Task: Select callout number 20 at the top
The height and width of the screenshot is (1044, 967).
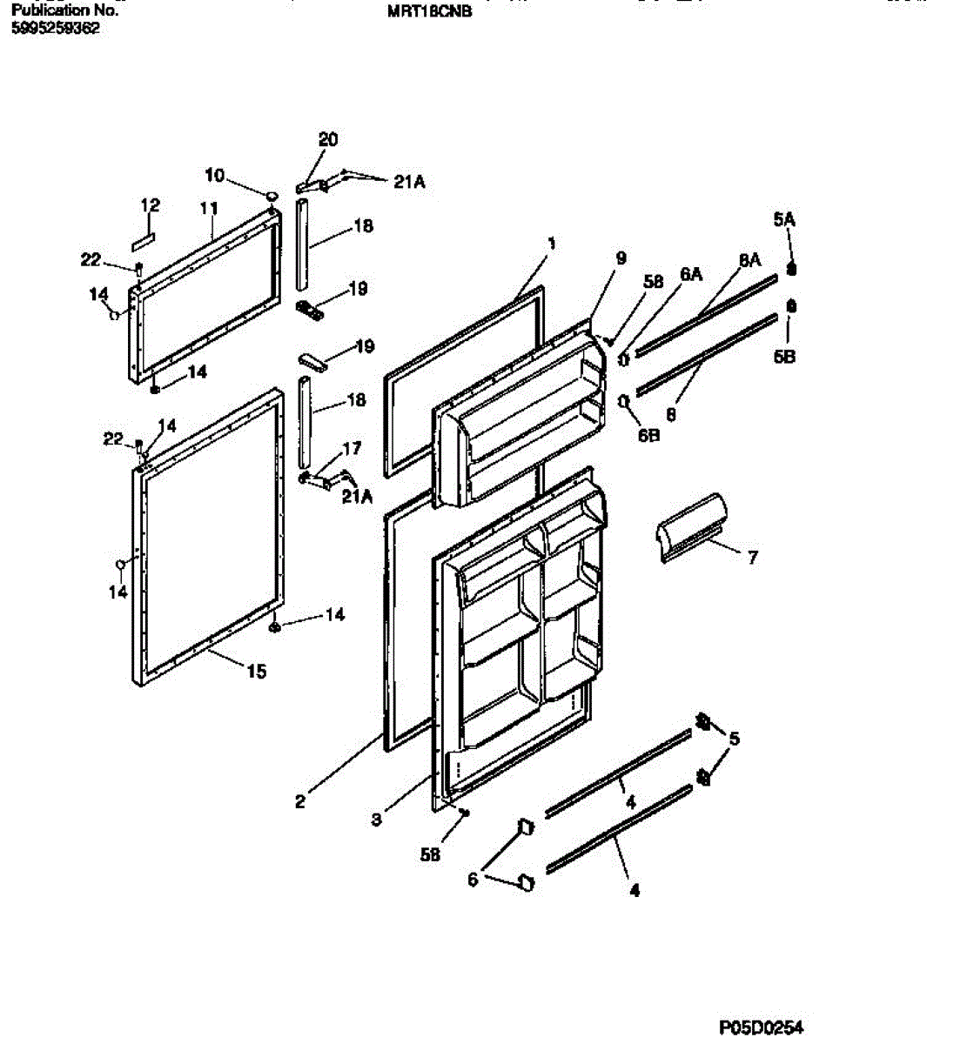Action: click(x=328, y=140)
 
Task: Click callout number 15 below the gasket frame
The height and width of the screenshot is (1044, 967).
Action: click(x=256, y=672)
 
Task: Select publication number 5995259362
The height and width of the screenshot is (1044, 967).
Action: click(x=56, y=28)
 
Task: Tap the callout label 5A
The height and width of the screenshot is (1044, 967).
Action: click(x=784, y=220)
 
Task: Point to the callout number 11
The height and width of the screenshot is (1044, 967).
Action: click(x=209, y=209)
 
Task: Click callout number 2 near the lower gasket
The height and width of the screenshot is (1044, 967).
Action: click(x=300, y=802)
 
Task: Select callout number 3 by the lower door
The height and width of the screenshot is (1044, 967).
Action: click(x=376, y=819)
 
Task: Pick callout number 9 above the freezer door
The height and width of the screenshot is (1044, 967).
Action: click(x=621, y=258)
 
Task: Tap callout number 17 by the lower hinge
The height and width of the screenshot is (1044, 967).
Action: click(x=352, y=450)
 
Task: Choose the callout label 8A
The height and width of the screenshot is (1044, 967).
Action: click(x=750, y=259)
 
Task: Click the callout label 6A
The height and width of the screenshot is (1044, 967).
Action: click(x=691, y=274)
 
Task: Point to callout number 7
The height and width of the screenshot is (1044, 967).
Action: click(x=754, y=557)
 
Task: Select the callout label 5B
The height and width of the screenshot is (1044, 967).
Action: click(x=785, y=357)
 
